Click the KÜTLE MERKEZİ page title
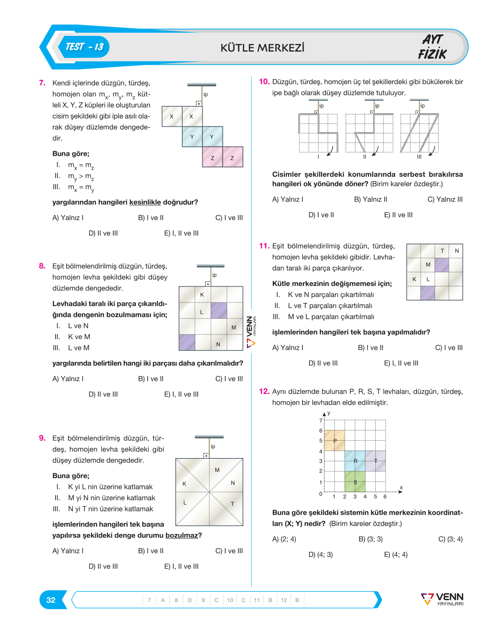[262, 48]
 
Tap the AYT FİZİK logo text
[432, 47]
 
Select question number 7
[42, 83]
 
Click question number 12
[264, 391]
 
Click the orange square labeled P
[334, 440]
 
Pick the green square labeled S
[355, 482]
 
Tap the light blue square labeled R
[355, 461]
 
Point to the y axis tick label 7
[320, 420]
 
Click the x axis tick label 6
[385, 497]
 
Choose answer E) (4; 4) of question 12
[396, 554]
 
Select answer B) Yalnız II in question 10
[370, 199]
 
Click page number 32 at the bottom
[51, 600]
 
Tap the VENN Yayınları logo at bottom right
[442, 599]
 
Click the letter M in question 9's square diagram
[217, 470]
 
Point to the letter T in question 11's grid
[442, 250]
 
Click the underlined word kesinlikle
[145, 202]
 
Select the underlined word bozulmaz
[182, 535]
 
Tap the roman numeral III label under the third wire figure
[419, 157]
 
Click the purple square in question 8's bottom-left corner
[187, 342]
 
